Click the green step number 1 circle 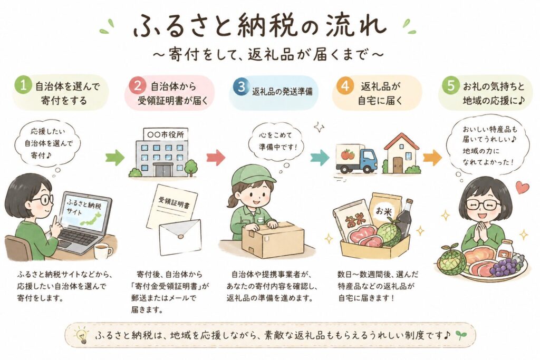(x=23, y=85)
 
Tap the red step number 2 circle (x=137, y=85)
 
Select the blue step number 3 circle (x=241, y=87)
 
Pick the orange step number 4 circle (x=345, y=86)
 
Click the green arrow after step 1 (x=114, y=158)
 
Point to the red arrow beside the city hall (x=216, y=158)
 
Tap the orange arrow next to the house (x=432, y=158)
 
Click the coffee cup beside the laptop (x=103, y=251)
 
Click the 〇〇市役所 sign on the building (x=165, y=134)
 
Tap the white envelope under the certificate (x=180, y=237)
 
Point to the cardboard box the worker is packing (x=273, y=239)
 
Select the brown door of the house (x=398, y=165)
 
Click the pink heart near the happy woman (x=522, y=188)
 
